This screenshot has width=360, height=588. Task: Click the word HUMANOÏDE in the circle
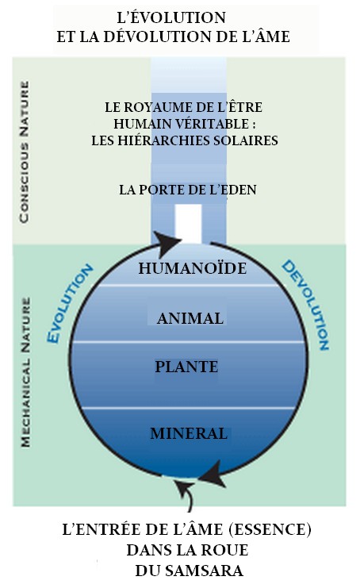193,268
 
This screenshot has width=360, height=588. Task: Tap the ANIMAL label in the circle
190,318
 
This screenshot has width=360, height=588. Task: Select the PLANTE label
186,367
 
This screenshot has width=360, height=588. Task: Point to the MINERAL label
189,433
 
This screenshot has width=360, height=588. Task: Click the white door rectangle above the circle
188,224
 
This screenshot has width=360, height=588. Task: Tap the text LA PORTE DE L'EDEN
188,190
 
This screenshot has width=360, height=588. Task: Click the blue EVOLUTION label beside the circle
69,303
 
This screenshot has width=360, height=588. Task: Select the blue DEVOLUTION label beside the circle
306,305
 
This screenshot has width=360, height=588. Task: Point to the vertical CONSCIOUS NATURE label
24,152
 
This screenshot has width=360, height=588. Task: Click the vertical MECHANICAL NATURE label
25,372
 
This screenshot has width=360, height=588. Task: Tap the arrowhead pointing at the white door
167,242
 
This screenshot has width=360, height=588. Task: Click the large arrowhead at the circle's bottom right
212,474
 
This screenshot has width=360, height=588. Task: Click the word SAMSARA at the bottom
209,571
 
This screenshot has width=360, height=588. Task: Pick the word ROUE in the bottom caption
227,550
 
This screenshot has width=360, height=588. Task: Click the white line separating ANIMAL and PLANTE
188,342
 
